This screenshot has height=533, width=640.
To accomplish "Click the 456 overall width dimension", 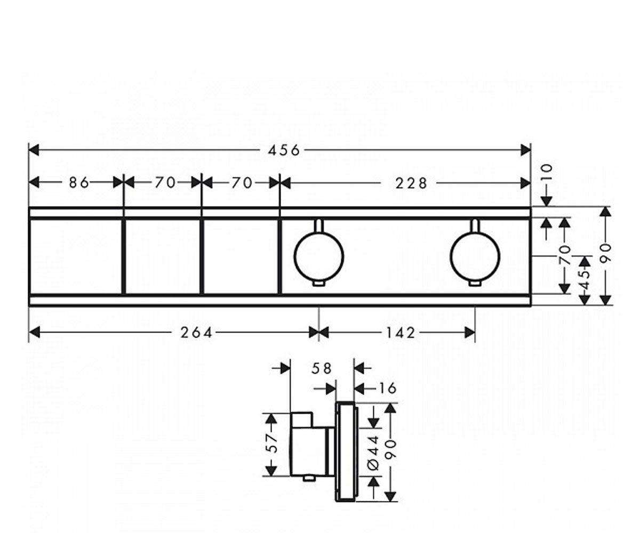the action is point(284,150).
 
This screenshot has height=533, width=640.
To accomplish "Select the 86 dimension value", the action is point(79,183).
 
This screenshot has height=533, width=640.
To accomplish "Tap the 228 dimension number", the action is point(411,183).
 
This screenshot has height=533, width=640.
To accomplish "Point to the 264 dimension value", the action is point(196,333).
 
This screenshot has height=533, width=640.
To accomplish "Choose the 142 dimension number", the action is point(401,333).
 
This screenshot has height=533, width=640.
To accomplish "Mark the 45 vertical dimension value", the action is point(585,280).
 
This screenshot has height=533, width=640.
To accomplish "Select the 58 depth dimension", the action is point(322,369).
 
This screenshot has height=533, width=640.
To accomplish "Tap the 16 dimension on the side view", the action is point(387,389).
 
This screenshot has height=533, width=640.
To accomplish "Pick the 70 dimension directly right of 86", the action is point(165,183).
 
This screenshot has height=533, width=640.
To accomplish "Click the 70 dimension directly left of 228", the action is point(242,183).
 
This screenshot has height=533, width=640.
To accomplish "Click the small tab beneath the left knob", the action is point(319,284).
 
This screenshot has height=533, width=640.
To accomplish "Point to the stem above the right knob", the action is point(475,225).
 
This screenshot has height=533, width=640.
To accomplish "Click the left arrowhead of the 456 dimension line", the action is point(34,150).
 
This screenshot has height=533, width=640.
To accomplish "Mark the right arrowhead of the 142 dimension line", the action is point(470,333).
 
